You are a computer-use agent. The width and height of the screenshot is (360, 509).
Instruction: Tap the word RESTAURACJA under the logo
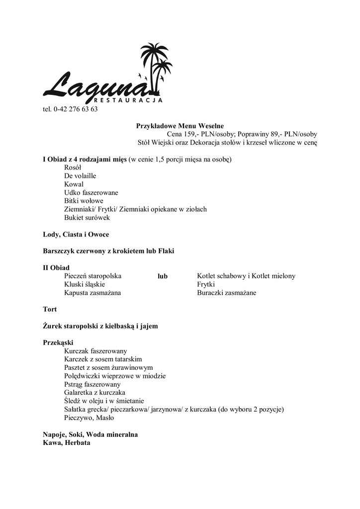(128, 100)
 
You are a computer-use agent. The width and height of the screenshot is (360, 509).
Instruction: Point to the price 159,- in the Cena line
(191, 134)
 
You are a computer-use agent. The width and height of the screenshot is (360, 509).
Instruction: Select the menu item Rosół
(73, 168)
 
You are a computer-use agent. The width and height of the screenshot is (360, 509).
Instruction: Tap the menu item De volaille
(80, 176)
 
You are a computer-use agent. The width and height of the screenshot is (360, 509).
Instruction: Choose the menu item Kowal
(74, 184)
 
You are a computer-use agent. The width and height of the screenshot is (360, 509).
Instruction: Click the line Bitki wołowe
(84, 201)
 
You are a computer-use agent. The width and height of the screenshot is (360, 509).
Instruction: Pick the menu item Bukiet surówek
(87, 217)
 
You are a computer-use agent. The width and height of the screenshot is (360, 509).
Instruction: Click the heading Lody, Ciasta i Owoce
(76, 234)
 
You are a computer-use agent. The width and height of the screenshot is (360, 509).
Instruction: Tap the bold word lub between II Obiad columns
(163, 276)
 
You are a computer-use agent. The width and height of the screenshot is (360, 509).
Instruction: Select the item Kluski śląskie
(85, 284)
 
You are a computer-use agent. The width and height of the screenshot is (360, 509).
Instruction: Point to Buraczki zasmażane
(226, 293)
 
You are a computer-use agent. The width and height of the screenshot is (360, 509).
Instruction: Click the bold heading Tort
(50, 309)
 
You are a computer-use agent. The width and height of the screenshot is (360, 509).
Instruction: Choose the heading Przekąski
(58, 342)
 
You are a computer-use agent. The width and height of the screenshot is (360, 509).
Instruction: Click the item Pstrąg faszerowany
(92, 384)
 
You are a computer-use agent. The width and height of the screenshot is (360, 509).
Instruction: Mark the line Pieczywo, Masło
(89, 418)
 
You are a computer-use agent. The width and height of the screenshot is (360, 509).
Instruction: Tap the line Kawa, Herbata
(67, 442)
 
